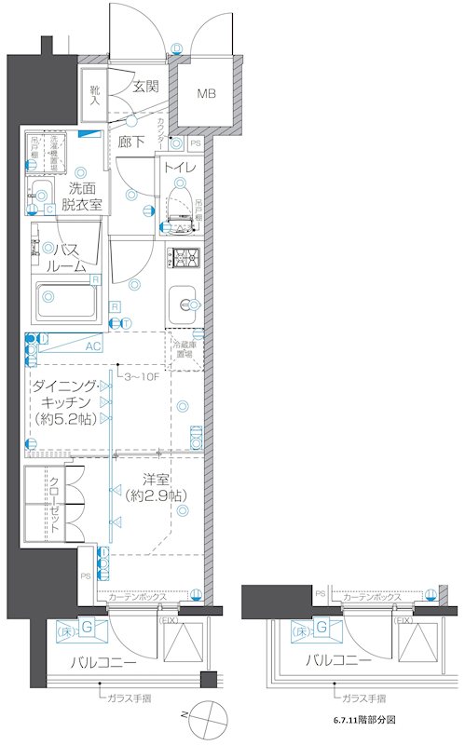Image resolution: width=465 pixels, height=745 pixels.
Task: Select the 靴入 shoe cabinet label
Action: coord(95,97)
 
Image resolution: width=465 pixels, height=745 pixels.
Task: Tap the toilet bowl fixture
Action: coord(181,205)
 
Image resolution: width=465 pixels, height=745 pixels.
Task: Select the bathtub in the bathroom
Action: coord(67,300)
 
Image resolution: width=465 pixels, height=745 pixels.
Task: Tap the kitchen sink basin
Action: coord(184,304)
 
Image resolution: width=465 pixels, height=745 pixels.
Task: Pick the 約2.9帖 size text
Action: coord(156,495)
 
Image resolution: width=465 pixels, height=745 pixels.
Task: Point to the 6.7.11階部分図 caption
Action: coord(364,720)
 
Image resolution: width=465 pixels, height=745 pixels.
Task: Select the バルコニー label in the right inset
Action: coord(339,662)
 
